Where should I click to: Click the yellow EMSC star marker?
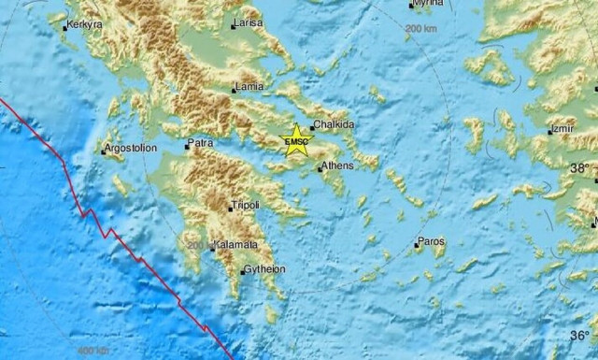297,140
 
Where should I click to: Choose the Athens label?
338,166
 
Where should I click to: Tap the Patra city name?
202,144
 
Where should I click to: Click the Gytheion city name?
263,269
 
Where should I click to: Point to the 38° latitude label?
580,168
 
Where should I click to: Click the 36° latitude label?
580,335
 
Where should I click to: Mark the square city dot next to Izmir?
550,132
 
